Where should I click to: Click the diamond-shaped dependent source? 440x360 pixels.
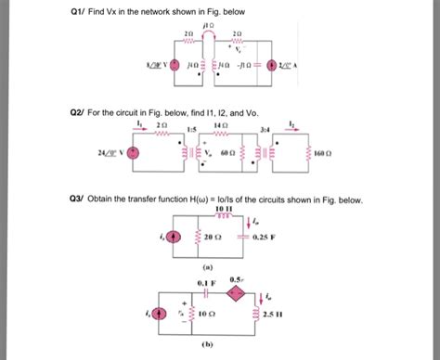pyautogui.click(x=236, y=291)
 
